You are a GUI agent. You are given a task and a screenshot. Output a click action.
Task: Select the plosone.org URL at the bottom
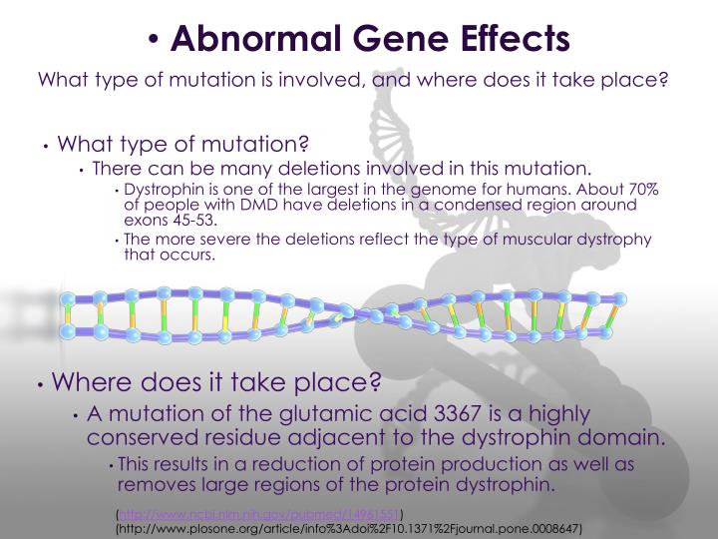pos(348,527)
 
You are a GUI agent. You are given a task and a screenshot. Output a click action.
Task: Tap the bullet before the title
pos(153,40)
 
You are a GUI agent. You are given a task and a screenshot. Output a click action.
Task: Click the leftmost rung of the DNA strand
pos(69,314)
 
